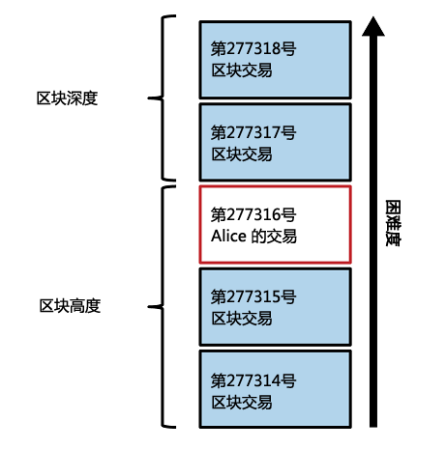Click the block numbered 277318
[275, 60]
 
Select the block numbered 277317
[275, 142]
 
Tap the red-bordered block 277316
[275, 225]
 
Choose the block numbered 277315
[275, 307]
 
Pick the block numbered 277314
[275, 389]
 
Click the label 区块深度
[67, 98]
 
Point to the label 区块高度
[70, 306]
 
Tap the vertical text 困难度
[393, 223]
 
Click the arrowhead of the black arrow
[373, 26]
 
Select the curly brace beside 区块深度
[162, 98]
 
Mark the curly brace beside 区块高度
[162, 307]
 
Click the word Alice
[228, 236]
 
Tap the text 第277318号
[253, 48]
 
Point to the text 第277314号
[253, 380]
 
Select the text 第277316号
[253, 214]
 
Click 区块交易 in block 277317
[242, 154]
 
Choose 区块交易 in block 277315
[242, 319]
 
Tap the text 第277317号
[253, 132]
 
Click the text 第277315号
[253, 296]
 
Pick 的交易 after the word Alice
[274, 236]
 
